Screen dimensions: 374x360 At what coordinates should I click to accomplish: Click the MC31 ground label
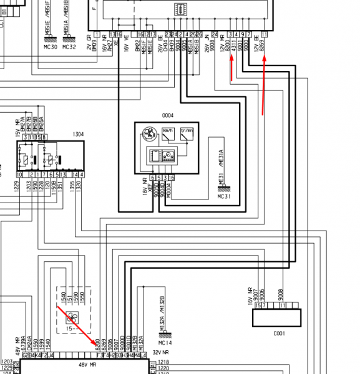coord(224,196)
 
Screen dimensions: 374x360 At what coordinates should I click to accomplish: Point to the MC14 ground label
coord(165,343)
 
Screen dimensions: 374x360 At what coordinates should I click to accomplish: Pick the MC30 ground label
coord(51,47)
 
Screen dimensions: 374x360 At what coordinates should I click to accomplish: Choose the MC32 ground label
coord(69,47)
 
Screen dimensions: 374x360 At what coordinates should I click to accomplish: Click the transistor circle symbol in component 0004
coord(149,135)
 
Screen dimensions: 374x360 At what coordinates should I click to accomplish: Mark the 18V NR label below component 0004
coord(144,186)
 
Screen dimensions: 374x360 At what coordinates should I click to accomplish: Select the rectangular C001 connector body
coord(278,318)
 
